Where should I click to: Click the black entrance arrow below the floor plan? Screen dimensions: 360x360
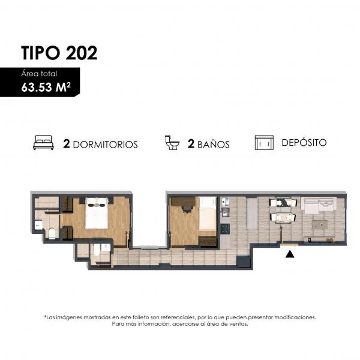pyautogui.click(x=290, y=254)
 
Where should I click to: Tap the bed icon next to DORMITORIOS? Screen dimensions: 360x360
pyautogui.click(x=43, y=143)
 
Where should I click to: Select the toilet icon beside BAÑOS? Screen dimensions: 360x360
pyautogui.click(x=172, y=143)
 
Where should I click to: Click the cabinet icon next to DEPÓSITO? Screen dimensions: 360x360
pyautogui.click(x=264, y=143)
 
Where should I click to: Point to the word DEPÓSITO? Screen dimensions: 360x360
pyautogui.click(x=304, y=142)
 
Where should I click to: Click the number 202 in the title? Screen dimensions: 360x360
pyautogui.click(x=82, y=53)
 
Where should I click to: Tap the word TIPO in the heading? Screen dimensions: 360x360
pyautogui.click(x=40, y=53)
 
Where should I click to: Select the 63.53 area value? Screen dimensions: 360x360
pyautogui.click(x=37, y=88)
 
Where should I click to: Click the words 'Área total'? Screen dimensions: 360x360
pyautogui.click(x=39, y=73)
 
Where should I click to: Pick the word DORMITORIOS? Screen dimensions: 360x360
pyautogui.click(x=106, y=145)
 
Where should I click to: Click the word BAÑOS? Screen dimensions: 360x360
pyautogui.click(x=214, y=145)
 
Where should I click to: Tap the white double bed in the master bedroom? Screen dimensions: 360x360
pyautogui.click(x=97, y=213)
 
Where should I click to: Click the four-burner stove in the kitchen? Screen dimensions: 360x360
pyautogui.click(x=225, y=229)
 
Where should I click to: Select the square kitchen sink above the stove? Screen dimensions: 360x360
pyautogui.click(x=225, y=212)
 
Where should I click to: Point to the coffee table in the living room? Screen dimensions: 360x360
pyautogui.click(x=320, y=225)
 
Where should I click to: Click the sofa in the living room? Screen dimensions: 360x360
pyautogui.click(x=319, y=205)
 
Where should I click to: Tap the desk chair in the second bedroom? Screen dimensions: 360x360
pyautogui.click(x=187, y=209)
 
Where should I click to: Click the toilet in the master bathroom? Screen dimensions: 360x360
pyautogui.click(x=52, y=233)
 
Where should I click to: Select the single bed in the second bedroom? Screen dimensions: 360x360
pyautogui.click(x=208, y=213)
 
